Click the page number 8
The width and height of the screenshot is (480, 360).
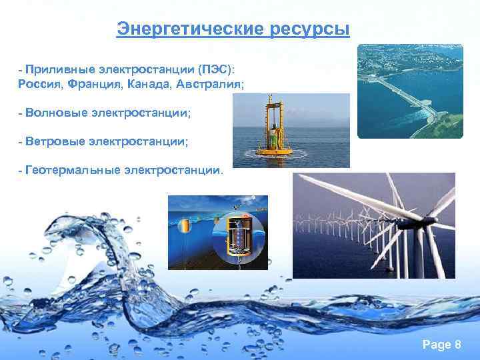(x=457, y=344)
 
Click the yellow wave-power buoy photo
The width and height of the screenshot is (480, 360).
(x=291, y=130)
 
